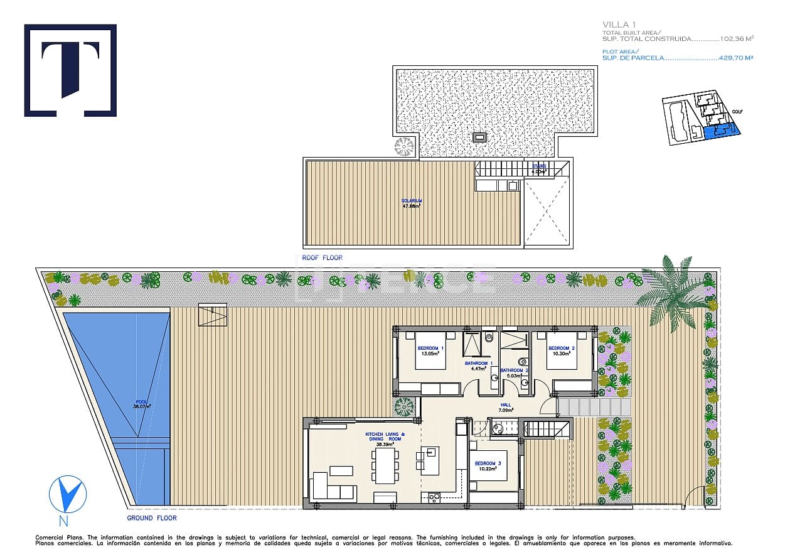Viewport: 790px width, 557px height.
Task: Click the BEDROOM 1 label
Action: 430,349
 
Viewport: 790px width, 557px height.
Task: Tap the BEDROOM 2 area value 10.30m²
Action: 561,354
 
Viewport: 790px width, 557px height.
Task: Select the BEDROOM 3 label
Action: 488,464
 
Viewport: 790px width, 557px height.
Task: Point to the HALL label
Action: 506,405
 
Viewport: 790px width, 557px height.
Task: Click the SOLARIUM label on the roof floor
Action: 412,201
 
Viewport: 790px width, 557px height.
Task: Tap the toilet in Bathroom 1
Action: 488,338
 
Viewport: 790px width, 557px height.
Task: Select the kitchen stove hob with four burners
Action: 433,499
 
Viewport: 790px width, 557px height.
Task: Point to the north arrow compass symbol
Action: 68,492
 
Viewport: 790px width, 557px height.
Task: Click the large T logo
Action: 70,70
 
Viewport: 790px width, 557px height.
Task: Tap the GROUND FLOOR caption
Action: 152,518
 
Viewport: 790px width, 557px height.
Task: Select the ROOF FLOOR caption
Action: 322,257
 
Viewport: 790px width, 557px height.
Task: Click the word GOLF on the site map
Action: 737,112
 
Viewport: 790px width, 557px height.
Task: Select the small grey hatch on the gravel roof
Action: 480,137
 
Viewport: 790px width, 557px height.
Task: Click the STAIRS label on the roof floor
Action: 538,166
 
